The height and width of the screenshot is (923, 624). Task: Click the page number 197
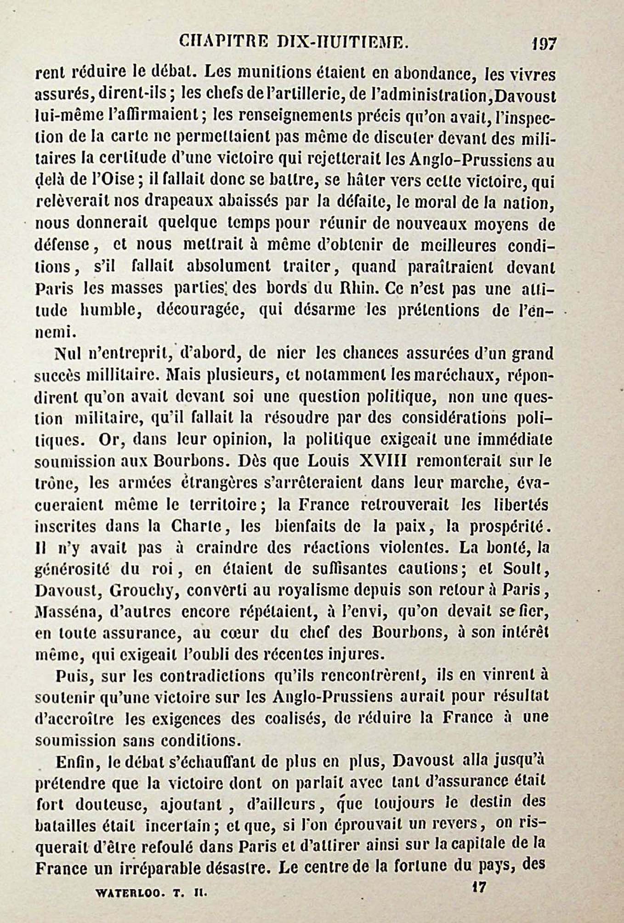point(544,44)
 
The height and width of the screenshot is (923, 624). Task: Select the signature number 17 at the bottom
point(478,886)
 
